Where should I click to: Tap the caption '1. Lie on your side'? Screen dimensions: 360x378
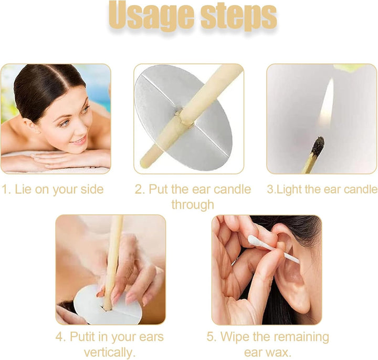(x=52, y=190)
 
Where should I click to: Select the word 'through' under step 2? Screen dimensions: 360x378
(x=193, y=204)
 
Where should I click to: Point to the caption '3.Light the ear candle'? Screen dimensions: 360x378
(x=322, y=189)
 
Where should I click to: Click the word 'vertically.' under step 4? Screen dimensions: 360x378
(x=110, y=352)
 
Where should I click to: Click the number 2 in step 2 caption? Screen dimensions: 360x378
(x=139, y=189)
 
